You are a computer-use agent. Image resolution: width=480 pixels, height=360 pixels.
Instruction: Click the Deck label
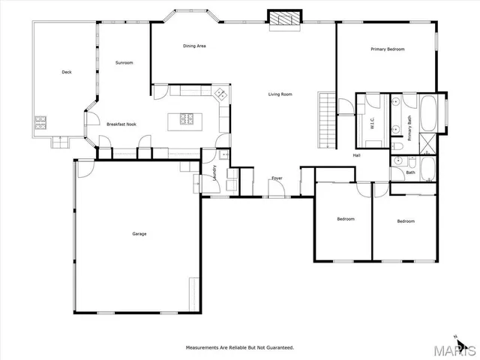[x=66, y=73]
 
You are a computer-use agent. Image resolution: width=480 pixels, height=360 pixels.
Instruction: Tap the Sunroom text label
[x=124, y=63]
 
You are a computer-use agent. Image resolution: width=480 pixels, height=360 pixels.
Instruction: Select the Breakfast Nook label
[x=121, y=124]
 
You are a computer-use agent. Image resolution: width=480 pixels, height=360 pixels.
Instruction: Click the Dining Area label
[x=195, y=46]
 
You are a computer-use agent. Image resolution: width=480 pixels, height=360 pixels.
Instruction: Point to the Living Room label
[x=280, y=94]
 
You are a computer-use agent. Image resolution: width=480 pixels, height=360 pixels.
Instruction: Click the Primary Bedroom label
[x=388, y=49]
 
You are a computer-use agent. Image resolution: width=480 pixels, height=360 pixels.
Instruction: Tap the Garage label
[x=139, y=234]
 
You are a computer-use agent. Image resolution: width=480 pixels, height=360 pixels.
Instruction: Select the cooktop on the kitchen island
[x=187, y=118]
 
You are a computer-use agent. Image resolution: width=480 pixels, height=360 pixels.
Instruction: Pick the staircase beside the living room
[x=326, y=120]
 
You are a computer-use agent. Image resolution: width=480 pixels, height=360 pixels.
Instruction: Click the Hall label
[x=358, y=155]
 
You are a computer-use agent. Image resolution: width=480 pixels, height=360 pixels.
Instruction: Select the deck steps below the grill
[x=58, y=140]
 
